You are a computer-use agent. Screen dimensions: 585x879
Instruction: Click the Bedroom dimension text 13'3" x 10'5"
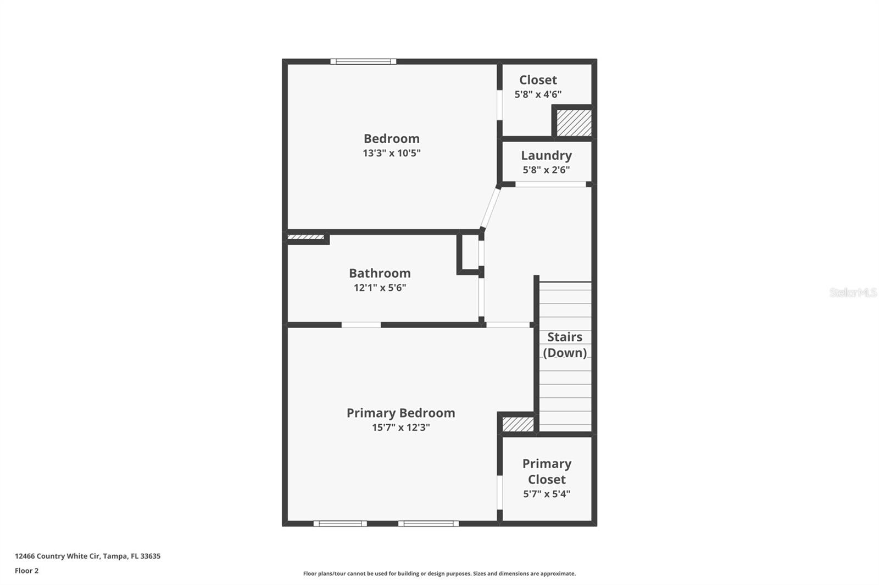pos(391,153)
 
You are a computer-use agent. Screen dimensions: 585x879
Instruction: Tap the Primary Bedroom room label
pos(400,413)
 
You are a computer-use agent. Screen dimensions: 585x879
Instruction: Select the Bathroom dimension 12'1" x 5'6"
pos(380,288)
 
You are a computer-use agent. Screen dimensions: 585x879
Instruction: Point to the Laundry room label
pos(546,155)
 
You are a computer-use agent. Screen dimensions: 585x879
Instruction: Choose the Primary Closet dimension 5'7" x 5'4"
pos(547,494)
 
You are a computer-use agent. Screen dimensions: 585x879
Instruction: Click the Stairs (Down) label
pos(565,345)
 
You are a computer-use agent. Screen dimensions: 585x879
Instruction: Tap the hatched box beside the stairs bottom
pos(518,424)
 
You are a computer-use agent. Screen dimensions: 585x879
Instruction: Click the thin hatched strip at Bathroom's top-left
pos(305,237)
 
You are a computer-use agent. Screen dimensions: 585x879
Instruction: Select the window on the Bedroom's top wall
pos(363,61)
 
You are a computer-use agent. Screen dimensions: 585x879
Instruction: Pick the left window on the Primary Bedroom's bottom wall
pos(340,524)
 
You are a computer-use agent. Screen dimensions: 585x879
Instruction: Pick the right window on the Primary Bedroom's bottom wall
pos(429,524)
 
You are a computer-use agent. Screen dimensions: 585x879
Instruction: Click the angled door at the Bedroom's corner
pos(490,208)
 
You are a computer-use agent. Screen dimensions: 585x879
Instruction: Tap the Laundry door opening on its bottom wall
pos(550,184)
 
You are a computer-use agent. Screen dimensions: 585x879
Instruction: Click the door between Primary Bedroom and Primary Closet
pos(500,492)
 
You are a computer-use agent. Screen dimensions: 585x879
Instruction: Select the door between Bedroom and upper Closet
pos(500,105)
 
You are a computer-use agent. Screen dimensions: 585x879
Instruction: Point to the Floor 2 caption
pos(26,571)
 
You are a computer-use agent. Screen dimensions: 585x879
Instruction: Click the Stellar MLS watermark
pos(853,292)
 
